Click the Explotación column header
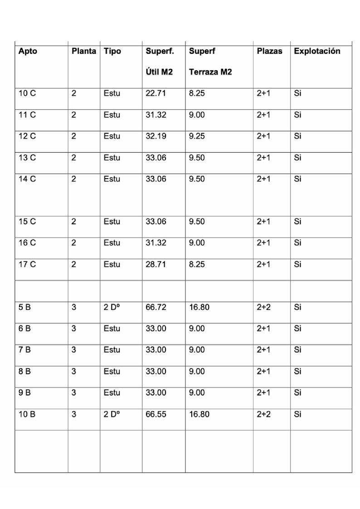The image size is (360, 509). tap(316, 52)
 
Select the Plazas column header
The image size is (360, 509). tap(269, 52)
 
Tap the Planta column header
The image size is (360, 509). tap(84, 52)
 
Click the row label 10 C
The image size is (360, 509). tap(27, 94)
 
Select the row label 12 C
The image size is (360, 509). tap(27, 136)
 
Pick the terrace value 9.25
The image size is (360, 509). tap(197, 136)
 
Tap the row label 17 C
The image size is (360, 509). tap(27, 264)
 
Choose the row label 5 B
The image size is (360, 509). tap(25, 307)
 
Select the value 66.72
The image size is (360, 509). tap(156, 307)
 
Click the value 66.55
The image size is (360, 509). tap(156, 414)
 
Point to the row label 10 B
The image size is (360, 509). tap(27, 414)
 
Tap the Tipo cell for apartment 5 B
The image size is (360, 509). tap(111, 307)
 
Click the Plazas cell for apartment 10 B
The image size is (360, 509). tap(264, 414)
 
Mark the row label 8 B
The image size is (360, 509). tap(25, 372)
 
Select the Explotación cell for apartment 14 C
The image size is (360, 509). tap(298, 179)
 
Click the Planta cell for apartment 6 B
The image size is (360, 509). tap(74, 329)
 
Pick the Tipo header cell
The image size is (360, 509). tap(112, 52)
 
